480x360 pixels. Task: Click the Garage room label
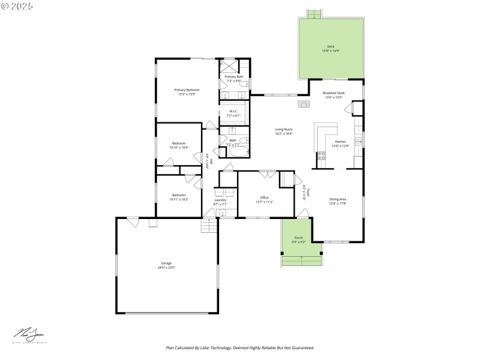[166, 263]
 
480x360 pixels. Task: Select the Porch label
[299, 238]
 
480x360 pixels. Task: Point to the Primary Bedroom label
[187, 90]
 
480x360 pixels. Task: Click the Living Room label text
[284, 130]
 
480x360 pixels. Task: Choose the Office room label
[264, 197]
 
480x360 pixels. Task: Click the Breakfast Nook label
[333, 93]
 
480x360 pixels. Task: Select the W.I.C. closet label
[233, 111]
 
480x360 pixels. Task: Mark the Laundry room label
[220, 200]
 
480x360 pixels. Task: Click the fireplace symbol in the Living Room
[304, 104]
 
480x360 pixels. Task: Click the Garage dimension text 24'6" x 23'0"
[166, 267]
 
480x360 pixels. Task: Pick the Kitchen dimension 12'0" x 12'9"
[340, 145]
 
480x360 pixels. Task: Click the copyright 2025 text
[17, 5]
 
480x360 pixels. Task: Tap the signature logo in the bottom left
[29, 334]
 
